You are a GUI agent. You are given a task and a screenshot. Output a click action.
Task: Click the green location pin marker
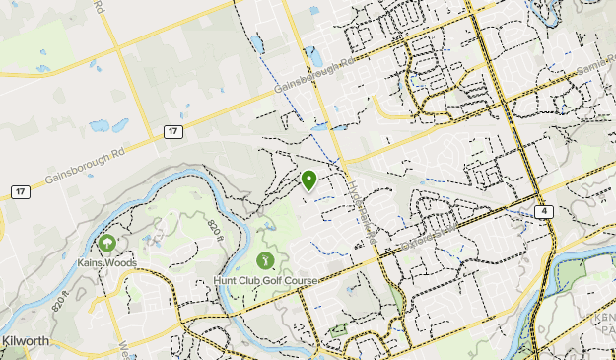pos(308,180)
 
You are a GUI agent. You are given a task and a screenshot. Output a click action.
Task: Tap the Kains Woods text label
pos(106,263)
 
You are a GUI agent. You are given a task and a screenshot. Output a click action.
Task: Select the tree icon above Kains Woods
pos(106,243)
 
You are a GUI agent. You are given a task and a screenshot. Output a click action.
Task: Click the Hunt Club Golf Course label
pos(265,281)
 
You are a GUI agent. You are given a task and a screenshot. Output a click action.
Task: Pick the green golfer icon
pos(265,260)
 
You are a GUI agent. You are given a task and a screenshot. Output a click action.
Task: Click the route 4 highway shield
pos(543,211)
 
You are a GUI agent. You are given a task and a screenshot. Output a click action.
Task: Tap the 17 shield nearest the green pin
pos(172,131)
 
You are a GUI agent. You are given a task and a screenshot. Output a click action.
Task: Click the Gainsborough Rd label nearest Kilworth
pos(87,168)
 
